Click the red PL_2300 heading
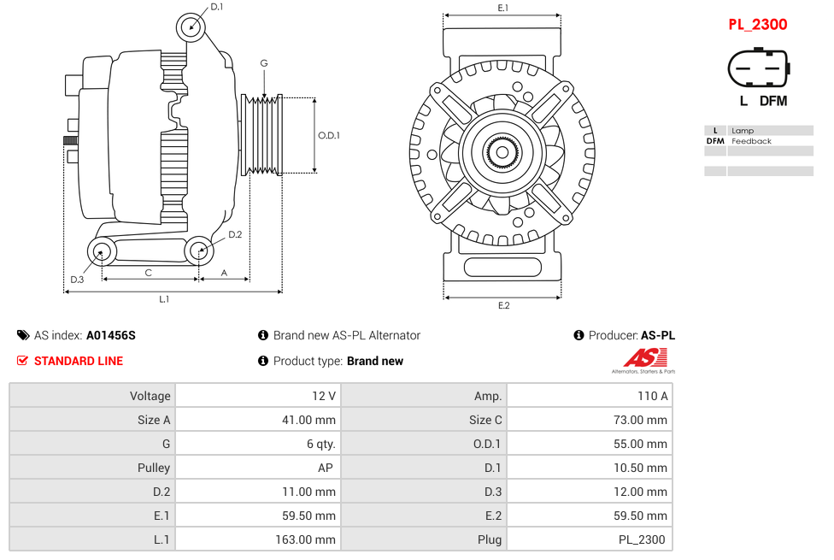point(757,25)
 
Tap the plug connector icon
point(758,68)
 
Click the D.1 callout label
point(217,7)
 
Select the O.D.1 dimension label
point(329,135)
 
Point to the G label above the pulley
point(264,63)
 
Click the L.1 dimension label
point(163,299)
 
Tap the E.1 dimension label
point(503,8)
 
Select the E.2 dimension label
point(503,306)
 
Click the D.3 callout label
point(77,280)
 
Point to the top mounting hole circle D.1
point(191,27)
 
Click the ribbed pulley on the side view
point(263,135)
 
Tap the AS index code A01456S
point(110,335)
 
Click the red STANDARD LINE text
point(78,361)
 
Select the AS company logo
point(643,360)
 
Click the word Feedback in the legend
point(751,141)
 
